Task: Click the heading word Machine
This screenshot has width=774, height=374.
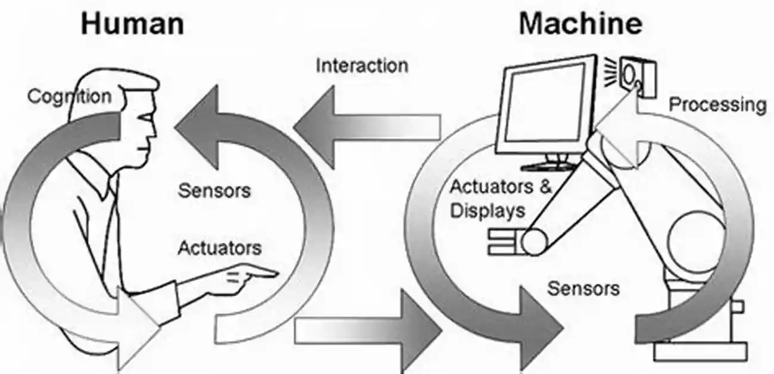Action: point(581,23)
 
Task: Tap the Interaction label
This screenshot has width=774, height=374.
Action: point(361,65)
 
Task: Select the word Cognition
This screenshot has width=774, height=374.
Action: point(69,96)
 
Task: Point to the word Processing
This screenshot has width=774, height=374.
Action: point(718,105)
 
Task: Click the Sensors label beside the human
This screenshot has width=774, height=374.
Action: point(214,191)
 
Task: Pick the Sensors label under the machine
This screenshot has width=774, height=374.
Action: point(583,289)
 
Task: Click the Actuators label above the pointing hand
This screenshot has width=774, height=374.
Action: point(219,247)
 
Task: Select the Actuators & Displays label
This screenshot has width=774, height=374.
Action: point(500,198)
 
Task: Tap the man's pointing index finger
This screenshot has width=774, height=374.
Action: point(262,273)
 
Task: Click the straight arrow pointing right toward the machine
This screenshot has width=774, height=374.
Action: point(369,328)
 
